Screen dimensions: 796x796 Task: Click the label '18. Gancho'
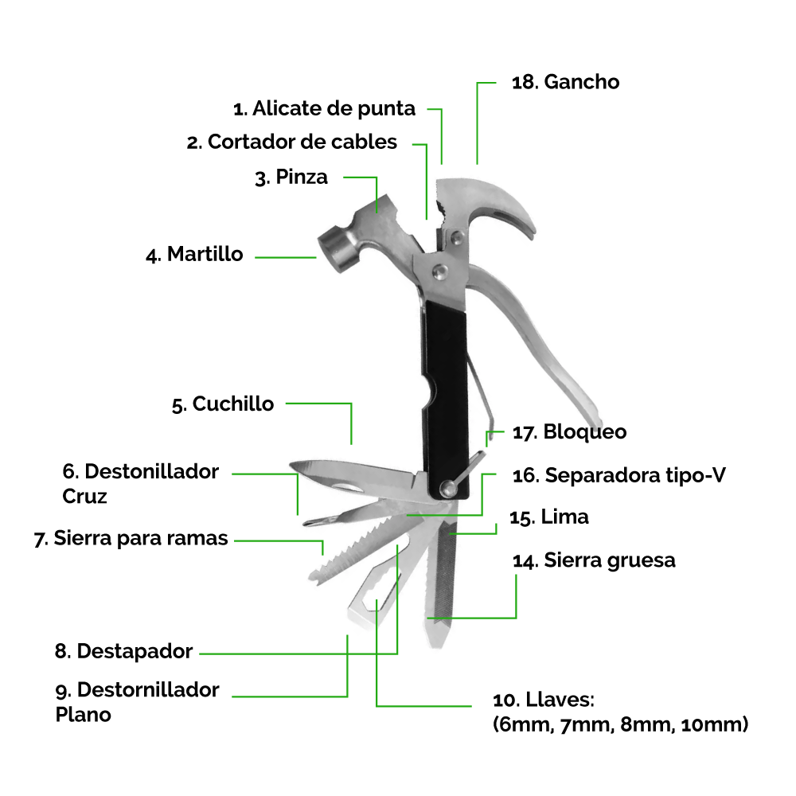pos(565,82)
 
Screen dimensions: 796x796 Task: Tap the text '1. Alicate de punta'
pos(324,108)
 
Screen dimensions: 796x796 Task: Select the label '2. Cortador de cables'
pos(292,142)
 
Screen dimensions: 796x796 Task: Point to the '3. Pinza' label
pos(291,177)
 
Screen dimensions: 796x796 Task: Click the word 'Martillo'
pos(205,255)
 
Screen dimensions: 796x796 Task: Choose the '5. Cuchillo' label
pos(223,404)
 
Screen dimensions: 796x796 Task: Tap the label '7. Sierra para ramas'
pos(131,538)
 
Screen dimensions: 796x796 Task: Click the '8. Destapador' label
pos(124,651)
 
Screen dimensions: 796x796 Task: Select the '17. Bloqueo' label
pos(569,432)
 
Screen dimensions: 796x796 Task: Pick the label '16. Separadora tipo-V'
pos(619,476)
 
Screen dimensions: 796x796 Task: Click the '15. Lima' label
pos(549,517)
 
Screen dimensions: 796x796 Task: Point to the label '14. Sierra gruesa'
pos(594,560)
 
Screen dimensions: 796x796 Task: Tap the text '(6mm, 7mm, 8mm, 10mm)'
pos(620,724)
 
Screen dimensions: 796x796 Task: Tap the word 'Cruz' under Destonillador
pos(84,496)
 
